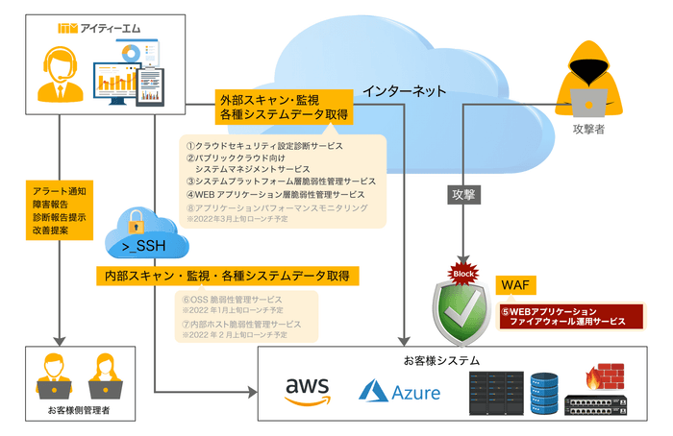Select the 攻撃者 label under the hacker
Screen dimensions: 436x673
click(588, 130)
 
